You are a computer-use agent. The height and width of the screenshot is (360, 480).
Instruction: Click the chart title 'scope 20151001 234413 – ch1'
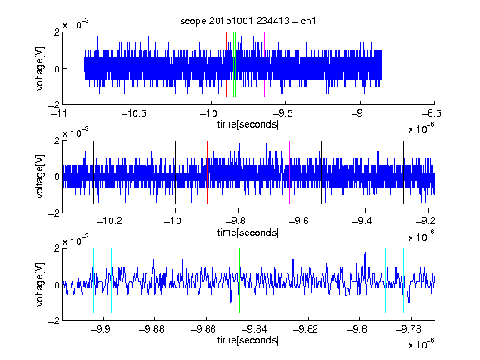(248, 21)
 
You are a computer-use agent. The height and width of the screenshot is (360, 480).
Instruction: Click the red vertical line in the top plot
(226, 65)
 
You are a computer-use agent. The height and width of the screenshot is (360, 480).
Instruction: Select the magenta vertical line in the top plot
(264, 65)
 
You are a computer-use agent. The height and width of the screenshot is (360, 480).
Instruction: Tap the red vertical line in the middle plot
(207, 172)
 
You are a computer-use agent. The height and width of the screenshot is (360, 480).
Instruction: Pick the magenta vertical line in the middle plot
(290, 172)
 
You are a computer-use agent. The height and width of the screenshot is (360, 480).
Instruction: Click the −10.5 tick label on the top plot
(134, 114)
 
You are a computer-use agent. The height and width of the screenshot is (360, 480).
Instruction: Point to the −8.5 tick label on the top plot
(431, 114)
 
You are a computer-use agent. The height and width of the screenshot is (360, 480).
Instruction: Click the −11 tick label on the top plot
(59, 114)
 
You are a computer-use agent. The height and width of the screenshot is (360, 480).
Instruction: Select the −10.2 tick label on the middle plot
(109, 221)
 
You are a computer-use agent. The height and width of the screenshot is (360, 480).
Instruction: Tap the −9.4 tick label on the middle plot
(362, 221)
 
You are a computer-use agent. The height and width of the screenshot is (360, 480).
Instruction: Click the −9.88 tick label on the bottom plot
(152, 329)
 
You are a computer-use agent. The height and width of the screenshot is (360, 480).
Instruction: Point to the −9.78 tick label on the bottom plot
(408, 329)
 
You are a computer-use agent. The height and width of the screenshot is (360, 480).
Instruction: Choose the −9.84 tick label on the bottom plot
(254, 329)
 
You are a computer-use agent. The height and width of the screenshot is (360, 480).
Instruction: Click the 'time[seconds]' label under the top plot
(248, 124)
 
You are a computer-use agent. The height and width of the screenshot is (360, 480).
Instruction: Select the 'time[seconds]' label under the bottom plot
(248, 340)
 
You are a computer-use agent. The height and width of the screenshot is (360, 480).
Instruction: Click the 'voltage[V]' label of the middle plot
(40, 177)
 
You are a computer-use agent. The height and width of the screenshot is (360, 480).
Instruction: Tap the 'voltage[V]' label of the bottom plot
(40, 284)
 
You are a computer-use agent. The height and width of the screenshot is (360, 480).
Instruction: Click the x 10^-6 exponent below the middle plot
(421, 236)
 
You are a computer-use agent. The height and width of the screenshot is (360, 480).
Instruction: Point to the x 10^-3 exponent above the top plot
(76, 24)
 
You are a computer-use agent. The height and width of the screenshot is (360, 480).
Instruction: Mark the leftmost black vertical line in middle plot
(93, 172)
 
